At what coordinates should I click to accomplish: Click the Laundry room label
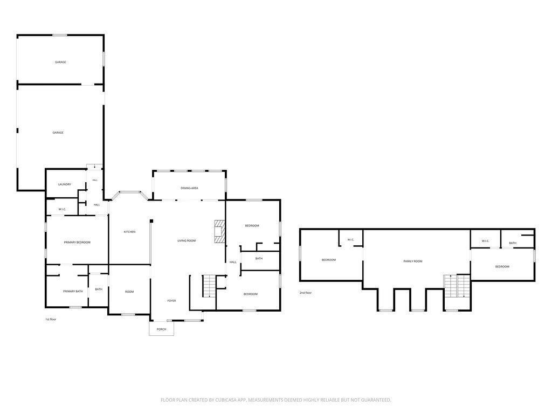pos(65,184)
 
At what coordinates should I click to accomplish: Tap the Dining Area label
pos(189,188)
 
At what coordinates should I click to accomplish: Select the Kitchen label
pos(129,232)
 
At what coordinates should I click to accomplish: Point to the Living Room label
pos(187,241)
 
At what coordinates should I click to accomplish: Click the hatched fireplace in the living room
pos(219,231)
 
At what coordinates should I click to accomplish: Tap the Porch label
pos(161,329)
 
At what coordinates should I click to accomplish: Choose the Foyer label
pos(171,301)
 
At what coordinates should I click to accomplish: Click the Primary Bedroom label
pos(77,243)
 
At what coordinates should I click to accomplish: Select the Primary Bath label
pos(73,292)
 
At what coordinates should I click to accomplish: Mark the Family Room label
pos(413,261)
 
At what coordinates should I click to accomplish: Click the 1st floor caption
pos(51,320)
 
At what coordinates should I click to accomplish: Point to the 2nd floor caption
pos(306,293)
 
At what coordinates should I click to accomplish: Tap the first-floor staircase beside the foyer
pos(209,286)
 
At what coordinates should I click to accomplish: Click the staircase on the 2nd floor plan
pos(457,286)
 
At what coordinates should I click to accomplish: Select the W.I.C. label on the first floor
pos(63,210)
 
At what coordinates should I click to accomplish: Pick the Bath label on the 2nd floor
pos(513,243)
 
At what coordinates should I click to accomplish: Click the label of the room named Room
pos(129,292)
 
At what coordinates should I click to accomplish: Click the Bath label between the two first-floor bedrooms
pos(259,259)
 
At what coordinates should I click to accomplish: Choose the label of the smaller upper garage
pos(60,63)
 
